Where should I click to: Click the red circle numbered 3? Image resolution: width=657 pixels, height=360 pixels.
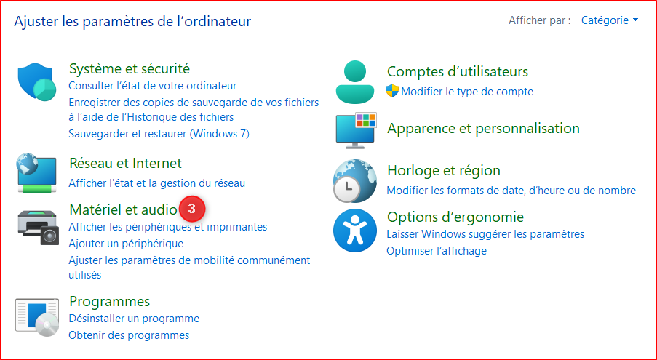coord(192,209)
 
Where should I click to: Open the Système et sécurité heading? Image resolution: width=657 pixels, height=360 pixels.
coord(130,68)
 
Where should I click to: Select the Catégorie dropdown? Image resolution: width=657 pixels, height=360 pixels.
coord(610,20)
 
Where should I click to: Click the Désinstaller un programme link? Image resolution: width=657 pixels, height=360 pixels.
coord(134,319)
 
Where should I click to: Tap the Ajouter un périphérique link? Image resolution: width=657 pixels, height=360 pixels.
coord(126,243)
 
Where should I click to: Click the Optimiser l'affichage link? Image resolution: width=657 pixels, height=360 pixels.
coord(437,251)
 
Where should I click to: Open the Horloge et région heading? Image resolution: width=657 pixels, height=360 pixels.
coord(444,170)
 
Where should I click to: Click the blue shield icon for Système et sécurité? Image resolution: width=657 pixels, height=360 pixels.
coord(37,82)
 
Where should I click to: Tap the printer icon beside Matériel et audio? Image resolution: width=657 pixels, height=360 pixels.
coord(37,227)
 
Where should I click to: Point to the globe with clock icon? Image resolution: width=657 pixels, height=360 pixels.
coord(354,181)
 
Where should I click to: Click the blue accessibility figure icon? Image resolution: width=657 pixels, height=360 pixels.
coord(354,231)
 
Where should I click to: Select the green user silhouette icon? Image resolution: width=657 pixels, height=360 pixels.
coord(355,82)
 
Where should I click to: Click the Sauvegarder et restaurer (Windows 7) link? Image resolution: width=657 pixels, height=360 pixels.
coord(159,134)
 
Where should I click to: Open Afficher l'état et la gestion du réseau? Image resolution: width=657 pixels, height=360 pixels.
coord(156,183)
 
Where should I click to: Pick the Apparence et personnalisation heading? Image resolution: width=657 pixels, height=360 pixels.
coord(483,128)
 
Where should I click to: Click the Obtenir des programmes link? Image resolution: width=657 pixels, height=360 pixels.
coord(129,335)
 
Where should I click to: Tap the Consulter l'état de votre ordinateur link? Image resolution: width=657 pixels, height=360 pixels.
coord(153,86)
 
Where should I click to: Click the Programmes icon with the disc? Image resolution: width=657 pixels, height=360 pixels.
coord(37,317)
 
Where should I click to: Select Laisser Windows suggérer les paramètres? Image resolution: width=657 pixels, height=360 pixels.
coord(485,234)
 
